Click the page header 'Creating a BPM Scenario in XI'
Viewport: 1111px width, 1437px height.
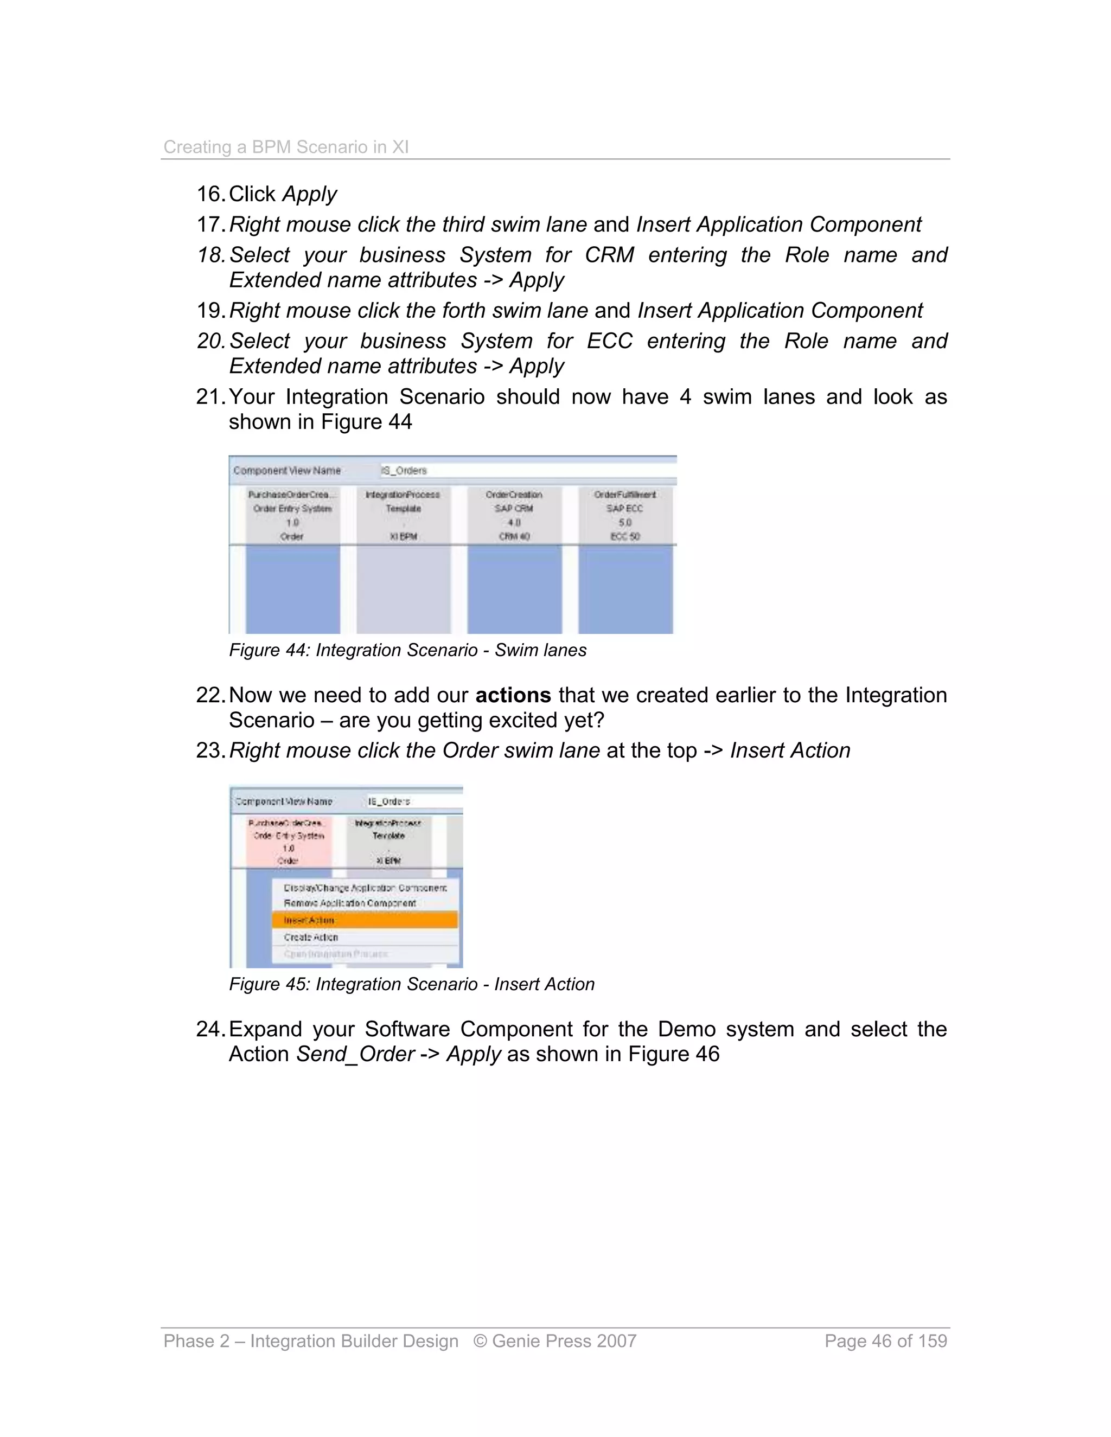click(286, 147)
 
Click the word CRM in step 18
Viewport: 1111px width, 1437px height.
click(609, 255)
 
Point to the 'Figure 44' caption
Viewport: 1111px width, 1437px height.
click(407, 650)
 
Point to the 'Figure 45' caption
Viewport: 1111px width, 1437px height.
click(411, 984)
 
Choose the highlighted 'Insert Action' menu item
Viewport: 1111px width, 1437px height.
click(309, 920)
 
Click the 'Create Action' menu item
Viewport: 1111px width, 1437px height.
click(311, 937)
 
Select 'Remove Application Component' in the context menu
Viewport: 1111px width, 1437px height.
click(349, 903)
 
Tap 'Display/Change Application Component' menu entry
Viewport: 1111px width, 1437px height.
click(365, 888)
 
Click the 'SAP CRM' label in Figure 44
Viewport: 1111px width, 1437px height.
click(514, 509)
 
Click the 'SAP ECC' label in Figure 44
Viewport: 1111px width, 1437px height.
click(624, 509)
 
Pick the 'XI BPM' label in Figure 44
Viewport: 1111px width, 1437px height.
click(403, 537)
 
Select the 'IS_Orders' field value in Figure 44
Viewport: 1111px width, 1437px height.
click(404, 471)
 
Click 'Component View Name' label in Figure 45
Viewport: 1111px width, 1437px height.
click(284, 801)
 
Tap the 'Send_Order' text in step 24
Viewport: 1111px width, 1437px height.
click(355, 1054)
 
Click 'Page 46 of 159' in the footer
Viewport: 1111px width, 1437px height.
click(885, 1341)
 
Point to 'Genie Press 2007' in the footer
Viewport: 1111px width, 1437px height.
click(564, 1341)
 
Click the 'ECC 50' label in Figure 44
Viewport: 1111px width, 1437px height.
click(624, 537)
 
